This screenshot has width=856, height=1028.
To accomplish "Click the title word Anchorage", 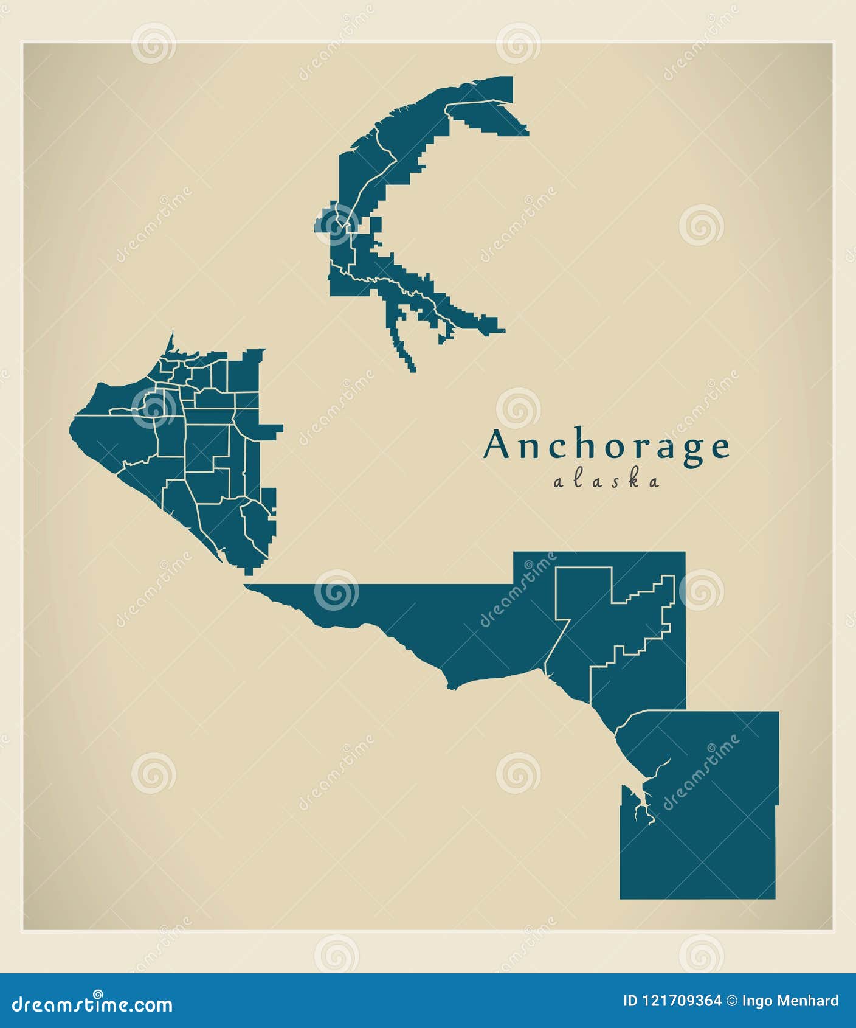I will (606, 445).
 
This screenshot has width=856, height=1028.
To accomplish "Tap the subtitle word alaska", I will (606, 481).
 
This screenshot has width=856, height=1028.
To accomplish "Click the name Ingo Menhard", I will (790, 1001).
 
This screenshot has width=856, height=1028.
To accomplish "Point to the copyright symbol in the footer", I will (732, 1001).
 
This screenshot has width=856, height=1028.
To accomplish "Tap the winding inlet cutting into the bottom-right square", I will (647, 791).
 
